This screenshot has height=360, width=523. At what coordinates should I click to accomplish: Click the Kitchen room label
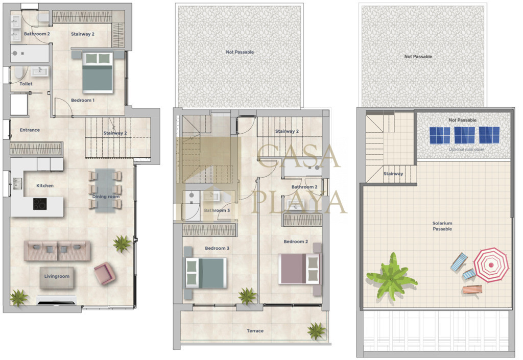coord(45,186)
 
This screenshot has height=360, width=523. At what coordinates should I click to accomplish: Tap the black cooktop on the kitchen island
coord(40,204)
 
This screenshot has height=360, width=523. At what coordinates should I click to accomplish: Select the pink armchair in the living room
coord(105,273)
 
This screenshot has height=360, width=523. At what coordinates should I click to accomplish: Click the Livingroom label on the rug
coord(57,276)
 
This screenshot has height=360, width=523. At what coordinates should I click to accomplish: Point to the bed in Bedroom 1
coord(98,72)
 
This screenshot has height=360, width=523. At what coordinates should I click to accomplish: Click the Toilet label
coord(26,84)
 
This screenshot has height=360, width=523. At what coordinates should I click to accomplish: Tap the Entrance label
coord(30,130)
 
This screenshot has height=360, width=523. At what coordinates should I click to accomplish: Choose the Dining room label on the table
coord(106,197)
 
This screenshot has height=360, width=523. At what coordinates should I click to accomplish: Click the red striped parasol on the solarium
coord(491,265)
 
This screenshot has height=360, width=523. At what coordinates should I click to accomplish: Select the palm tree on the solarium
coord(391,276)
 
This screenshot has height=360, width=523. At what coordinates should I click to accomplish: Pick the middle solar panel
coord(465,135)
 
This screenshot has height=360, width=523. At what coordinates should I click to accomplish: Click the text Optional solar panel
coord(466,149)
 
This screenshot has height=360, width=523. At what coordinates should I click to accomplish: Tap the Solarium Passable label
coord(442,226)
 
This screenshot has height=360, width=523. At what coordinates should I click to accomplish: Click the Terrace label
coord(255,331)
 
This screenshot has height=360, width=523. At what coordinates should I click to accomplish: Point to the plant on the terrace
coord(316,331)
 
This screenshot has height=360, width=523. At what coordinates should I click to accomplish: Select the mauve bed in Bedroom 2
coord(300,269)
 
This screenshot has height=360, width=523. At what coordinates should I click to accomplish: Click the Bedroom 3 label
coord(217,248)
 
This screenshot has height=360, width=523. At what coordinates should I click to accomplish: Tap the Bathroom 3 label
coord(217,210)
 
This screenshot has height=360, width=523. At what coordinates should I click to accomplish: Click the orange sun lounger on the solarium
coord(472,290)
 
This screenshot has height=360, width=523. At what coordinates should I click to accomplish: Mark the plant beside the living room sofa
coord(122,244)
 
